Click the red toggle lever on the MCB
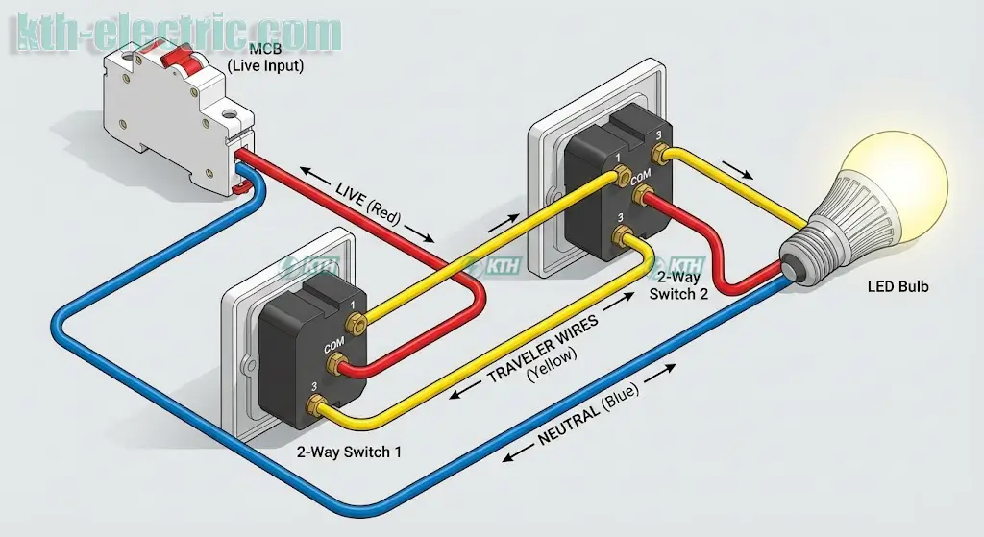pos(179,58)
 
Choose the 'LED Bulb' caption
pos(898,286)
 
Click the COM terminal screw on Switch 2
pos(636,199)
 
